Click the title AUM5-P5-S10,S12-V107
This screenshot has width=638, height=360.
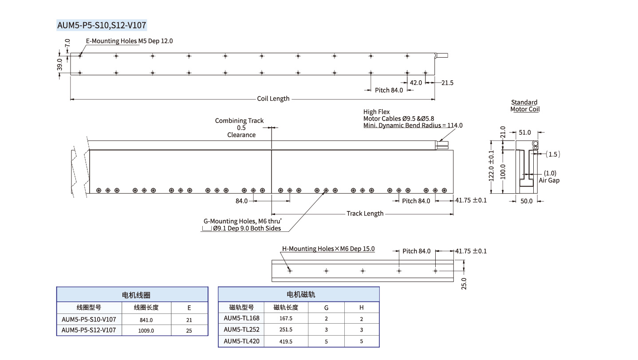point(102,25)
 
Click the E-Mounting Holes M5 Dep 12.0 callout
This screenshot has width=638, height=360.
point(129,41)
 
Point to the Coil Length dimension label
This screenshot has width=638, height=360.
point(273,98)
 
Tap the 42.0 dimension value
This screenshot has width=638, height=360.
point(416,82)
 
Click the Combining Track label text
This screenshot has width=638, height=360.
point(239,121)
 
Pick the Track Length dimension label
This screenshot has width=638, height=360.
point(365,214)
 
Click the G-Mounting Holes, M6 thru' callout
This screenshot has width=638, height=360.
point(242,221)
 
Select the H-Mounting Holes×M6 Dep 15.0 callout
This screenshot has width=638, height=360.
point(328,249)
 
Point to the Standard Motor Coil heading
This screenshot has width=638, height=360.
point(524,106)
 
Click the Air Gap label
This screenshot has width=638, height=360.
point(549,180)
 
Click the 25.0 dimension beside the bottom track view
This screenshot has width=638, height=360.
point(464,282)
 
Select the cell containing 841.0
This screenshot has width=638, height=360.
point(146,320)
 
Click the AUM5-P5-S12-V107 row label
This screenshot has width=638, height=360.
point(89,330)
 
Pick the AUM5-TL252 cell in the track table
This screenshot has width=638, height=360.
point(241,329)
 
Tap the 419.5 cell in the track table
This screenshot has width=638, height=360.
point(286,342)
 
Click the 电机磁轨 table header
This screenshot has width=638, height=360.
point(299,294)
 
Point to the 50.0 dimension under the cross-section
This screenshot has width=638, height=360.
point(527,201)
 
